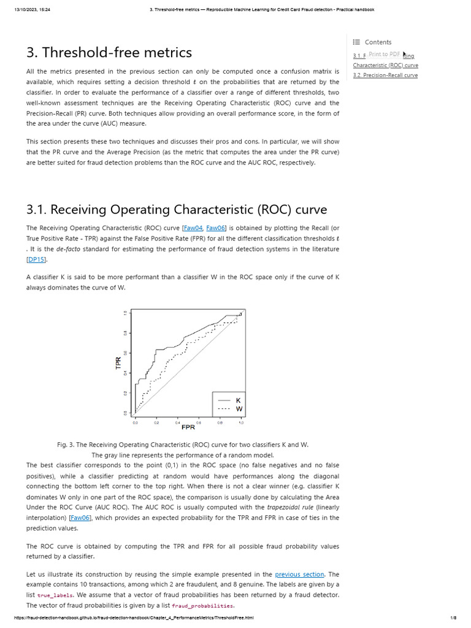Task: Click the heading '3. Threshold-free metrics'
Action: coord(109,53)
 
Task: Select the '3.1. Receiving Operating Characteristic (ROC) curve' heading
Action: coord(177,209)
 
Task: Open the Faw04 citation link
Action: coord(193,228)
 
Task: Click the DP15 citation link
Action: coord(37,259)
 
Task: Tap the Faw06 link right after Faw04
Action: coord(216,228)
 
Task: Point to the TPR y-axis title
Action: coord(119,362)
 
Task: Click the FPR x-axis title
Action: coord(188,427)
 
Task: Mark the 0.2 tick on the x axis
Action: coord(156,423)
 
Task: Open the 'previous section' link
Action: coord(299,574)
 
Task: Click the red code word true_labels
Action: coord(55,595)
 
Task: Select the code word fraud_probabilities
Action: coord(202,606)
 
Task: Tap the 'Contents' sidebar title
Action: coord(378,42)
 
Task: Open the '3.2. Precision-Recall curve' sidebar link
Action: coord(385,75)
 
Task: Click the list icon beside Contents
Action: coord(356,42)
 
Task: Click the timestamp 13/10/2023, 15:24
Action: coord(33,10)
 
